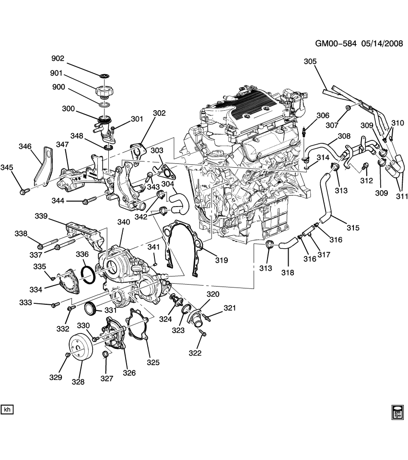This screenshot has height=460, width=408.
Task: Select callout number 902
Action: (x=58, y=58)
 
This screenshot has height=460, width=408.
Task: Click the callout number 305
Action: (x=310, y=61)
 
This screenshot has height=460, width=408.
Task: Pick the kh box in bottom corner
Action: (x=7, y=410)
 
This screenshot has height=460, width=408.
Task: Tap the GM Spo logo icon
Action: (x=397, y=412)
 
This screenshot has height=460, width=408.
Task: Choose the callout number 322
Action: (x=195, y=353)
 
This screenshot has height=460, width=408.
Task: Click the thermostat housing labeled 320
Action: (x=197, y=318)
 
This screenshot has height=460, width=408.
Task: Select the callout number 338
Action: (x=21, y=234)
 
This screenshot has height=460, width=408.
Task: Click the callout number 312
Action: (x=366, y=181)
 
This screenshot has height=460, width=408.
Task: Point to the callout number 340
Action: (x=124, y=222)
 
